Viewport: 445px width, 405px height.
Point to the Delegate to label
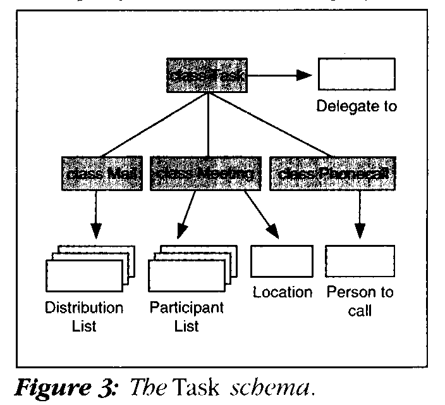[x=357, y=106]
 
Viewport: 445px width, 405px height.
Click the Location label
[x=282, y=292]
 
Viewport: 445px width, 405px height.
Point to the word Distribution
[x=84, y=308]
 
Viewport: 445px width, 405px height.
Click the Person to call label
[x=360, y=301]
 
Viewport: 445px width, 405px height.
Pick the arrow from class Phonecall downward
[x=359, y=215]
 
